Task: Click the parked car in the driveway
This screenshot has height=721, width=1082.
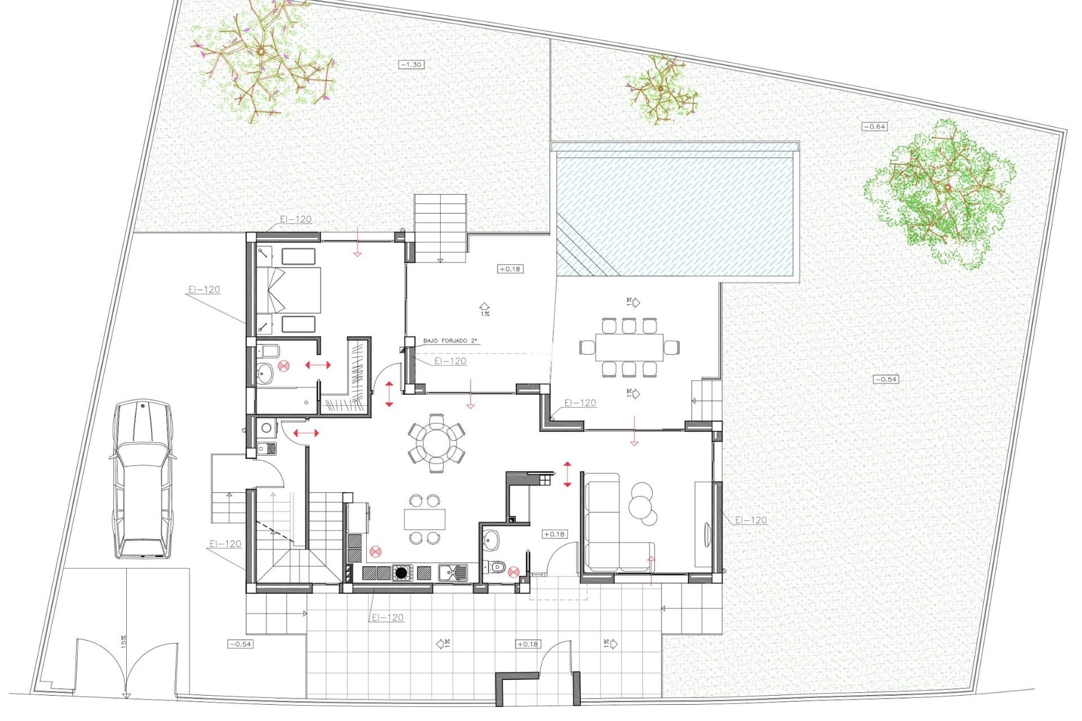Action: pos(142,480)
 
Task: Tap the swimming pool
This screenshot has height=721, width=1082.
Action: pos(676,214)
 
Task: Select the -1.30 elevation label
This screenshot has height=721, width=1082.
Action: pos(411,65)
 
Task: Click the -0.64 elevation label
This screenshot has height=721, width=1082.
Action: pos(875,127)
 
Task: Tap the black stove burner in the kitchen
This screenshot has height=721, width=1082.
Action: pos(401,573)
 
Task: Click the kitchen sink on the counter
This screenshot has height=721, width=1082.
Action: pos(453,573)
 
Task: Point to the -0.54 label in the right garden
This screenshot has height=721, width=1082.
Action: pos(885,379)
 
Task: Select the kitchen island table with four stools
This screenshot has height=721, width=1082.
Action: pos(424,519)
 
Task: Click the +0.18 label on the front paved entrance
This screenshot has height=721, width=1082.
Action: pos(527,644)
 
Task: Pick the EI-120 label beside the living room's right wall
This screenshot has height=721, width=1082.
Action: pos(751,520)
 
